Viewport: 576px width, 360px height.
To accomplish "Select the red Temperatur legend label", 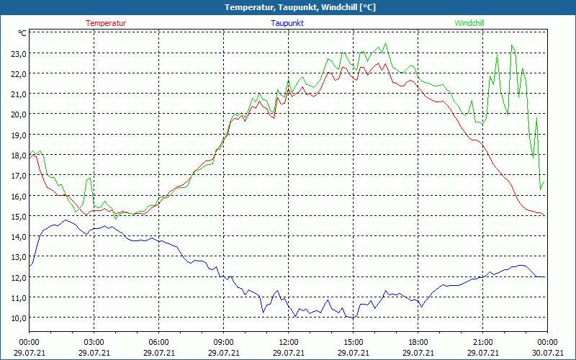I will tap(106, 23).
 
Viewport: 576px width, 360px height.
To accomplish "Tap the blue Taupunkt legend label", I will tap(287, 23).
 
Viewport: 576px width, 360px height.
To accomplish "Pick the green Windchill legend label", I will tap(469, 23).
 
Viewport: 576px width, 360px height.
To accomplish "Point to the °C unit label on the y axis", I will tap(22, 33).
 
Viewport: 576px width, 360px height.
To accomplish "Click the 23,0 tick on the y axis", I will tap(18, 53).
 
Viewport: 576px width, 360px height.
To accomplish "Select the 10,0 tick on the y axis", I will tap(18, 318).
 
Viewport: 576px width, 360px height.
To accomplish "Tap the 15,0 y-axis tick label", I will tap(18, 216).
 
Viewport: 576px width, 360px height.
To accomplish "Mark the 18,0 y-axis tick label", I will tap(18, 155).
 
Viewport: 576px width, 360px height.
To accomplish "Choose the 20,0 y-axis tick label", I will tap(18, 114).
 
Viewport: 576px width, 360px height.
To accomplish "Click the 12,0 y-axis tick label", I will tap(18, 277).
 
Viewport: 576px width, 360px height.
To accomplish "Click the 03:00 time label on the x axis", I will tap(94, 342).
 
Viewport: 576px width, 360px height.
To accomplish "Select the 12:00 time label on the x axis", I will tap(288, 342).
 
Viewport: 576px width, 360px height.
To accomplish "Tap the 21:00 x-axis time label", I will tap(482, 342).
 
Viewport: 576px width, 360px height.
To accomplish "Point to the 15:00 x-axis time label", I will tap(353, 342).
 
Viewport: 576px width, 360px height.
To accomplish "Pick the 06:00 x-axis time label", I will tap(158, 342).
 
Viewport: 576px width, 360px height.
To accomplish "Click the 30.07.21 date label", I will tap(547, 353).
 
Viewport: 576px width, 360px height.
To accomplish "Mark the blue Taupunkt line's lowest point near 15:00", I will tap(353, 318).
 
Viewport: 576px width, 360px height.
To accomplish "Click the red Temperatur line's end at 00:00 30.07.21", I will tap(545, 215).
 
